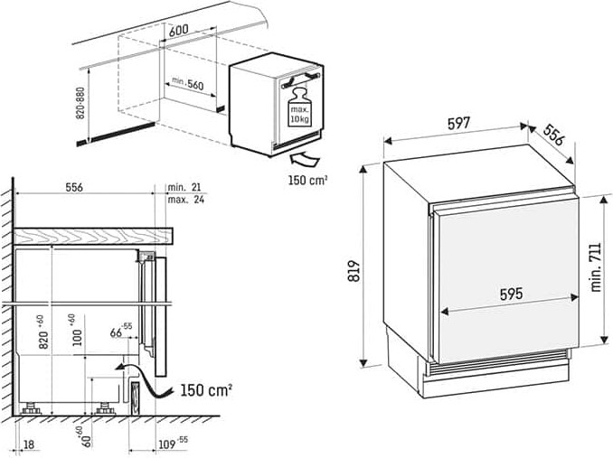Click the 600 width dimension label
178,30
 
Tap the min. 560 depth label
188,83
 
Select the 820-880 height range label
80,103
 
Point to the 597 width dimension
458,124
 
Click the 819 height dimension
354,271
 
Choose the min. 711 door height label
596,267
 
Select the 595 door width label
511,294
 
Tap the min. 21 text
184,187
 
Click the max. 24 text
185,200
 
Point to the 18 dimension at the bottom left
29,444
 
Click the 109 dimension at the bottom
173,443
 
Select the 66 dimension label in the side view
121,331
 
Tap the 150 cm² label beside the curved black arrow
206,390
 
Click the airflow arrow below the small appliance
306,160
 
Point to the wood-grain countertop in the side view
93,236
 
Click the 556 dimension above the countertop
74,187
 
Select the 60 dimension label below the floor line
86,436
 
